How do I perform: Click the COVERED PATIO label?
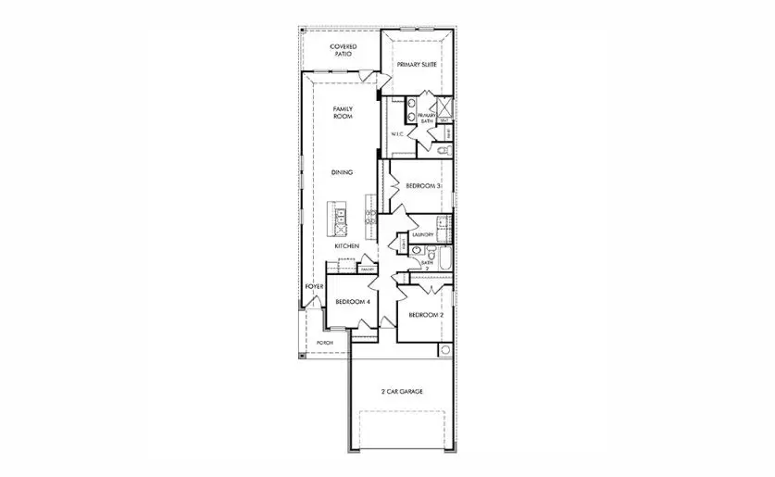(x=344, y=51)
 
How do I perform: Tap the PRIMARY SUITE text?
(x=417, y=65)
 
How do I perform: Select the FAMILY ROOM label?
(x=344, y=113)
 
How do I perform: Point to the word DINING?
(x=344, y=172)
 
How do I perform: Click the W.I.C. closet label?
(x=398, y=134)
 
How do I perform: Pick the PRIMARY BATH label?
(x=426, y=118)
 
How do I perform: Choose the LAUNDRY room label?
(x=422, y=235)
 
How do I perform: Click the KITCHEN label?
(x=346, y=245)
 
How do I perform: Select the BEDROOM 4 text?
(x=352, y=302)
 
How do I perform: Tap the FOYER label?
(x=315, y=287)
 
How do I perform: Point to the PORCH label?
(x=324, y=343)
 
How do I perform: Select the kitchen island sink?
(x=340, y=218)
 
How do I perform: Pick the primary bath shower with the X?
(x=444, y=106)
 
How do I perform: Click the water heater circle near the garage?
(x=445, y=350)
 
